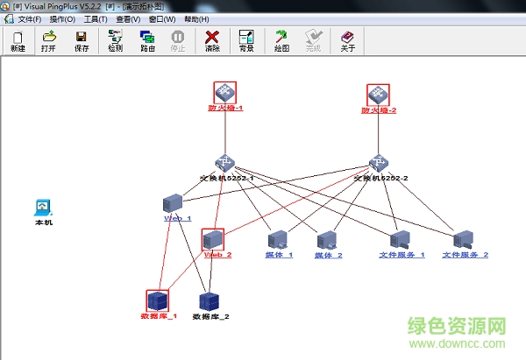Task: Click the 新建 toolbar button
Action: tap(18, 41)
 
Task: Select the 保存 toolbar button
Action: tap(82, 41)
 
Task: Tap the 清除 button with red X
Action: tap(212, 41)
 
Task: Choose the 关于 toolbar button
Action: tap(347, 41)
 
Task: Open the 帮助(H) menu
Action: tap(196, 19)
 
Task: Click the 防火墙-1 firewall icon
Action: tap(225, 92)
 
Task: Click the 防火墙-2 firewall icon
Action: tap(378, 95)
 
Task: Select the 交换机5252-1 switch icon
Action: tap(226, 163)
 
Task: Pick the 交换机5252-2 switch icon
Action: tap(379, 163)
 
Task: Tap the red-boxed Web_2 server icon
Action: tap(212, 239)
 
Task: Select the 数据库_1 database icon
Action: tap(157, 300)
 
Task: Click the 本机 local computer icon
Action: tap(43, 208)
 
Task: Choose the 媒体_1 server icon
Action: tap(278, 239)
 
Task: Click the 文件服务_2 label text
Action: tap(465, 255)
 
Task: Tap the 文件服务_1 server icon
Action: tap(401, 239)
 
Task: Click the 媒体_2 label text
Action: tap(329, 255)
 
